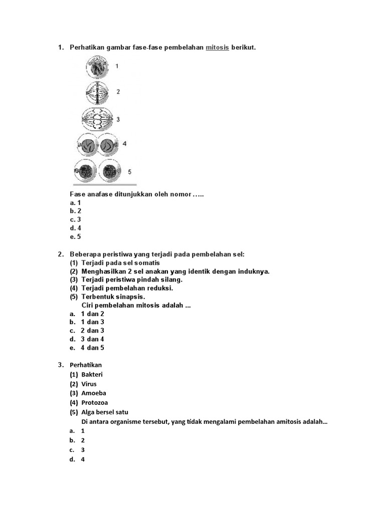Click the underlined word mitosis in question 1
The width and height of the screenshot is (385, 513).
[217, 48]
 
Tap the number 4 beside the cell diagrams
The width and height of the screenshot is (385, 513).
[124, 144]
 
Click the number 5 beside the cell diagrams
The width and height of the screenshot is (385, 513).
[129, 172]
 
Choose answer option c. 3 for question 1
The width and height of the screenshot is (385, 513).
[76, 219]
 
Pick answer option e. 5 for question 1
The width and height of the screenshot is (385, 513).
[76, 236]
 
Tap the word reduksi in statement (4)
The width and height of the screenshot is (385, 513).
[161, 289]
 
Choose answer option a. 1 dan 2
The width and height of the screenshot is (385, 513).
[92, 314]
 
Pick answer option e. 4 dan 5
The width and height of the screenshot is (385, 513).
[92, 348]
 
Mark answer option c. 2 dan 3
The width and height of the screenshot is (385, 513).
[92, 331]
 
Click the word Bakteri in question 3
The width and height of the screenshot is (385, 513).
[92, 375]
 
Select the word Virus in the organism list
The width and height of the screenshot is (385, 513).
[89, 384]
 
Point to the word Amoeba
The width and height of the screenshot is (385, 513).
[94, 393]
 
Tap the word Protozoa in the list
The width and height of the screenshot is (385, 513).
[95, 403]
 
